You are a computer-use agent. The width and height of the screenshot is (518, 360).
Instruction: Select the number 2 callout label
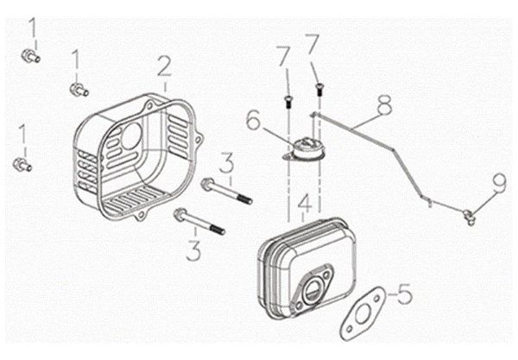[164, 66]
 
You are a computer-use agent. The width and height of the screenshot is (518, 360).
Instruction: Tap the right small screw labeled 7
[320, 87]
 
